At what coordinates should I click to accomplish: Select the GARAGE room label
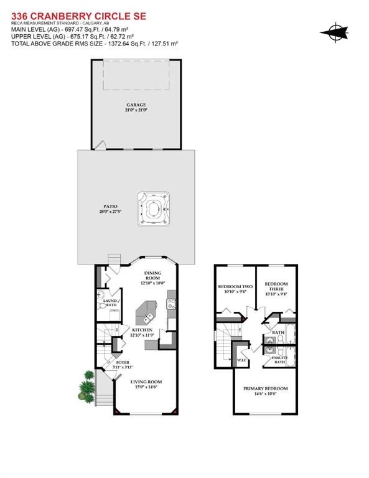[136, 105]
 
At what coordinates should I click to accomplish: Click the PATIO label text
[111, 206]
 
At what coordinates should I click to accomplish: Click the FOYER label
[123, 362]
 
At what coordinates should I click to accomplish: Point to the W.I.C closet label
[243, 360]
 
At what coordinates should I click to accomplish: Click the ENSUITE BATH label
[278, 359]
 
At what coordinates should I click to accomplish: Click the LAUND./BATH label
[111, 302]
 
